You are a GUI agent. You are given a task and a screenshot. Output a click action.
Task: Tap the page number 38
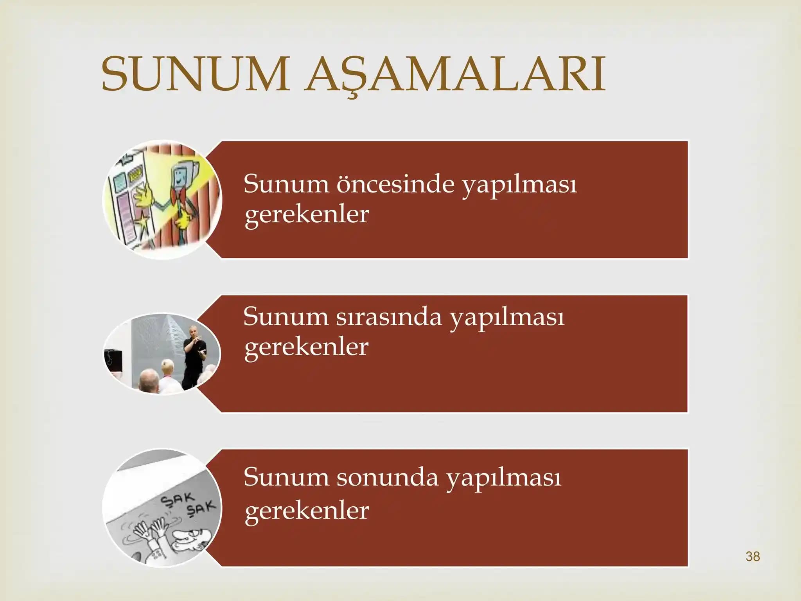(753, 556)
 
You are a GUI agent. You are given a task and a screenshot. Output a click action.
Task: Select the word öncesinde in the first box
(395, 184)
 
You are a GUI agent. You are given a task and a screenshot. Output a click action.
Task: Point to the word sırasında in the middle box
(389, 317)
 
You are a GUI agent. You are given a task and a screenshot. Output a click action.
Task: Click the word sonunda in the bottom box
(387, 477)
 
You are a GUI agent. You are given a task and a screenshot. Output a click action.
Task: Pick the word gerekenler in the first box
(307, 214)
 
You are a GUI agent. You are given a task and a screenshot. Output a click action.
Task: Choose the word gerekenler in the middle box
(306, 347)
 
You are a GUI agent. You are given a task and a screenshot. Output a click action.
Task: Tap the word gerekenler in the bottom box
(307, 511)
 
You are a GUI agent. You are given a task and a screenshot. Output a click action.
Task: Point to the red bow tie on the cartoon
(179, 196)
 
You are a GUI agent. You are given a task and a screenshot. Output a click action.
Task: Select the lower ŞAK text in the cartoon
(201, 509)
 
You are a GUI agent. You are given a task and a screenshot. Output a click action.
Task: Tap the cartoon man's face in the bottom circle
(188, 538)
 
